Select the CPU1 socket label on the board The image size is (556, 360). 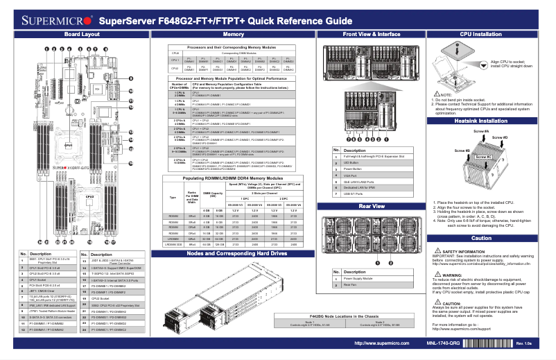click(69, 144)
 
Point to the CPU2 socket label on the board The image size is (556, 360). click(89, 196)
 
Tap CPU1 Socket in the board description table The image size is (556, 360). click(34, 280)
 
